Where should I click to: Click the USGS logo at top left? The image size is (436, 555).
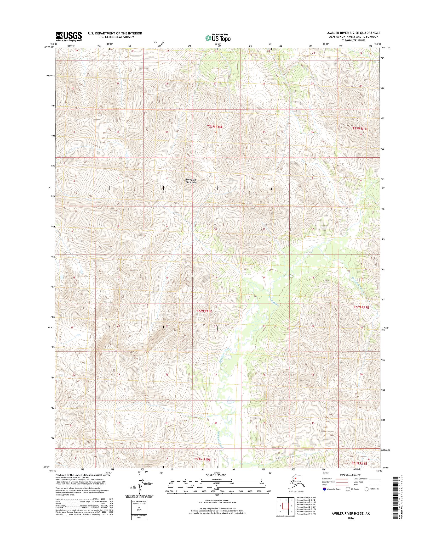coord(69,36)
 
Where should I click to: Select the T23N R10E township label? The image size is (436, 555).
coord(215,127)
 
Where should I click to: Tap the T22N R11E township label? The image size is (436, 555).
coord(361,307)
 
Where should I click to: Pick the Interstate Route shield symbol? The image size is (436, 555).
coord(324,489)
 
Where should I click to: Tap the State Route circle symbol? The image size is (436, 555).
coord(367,489)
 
